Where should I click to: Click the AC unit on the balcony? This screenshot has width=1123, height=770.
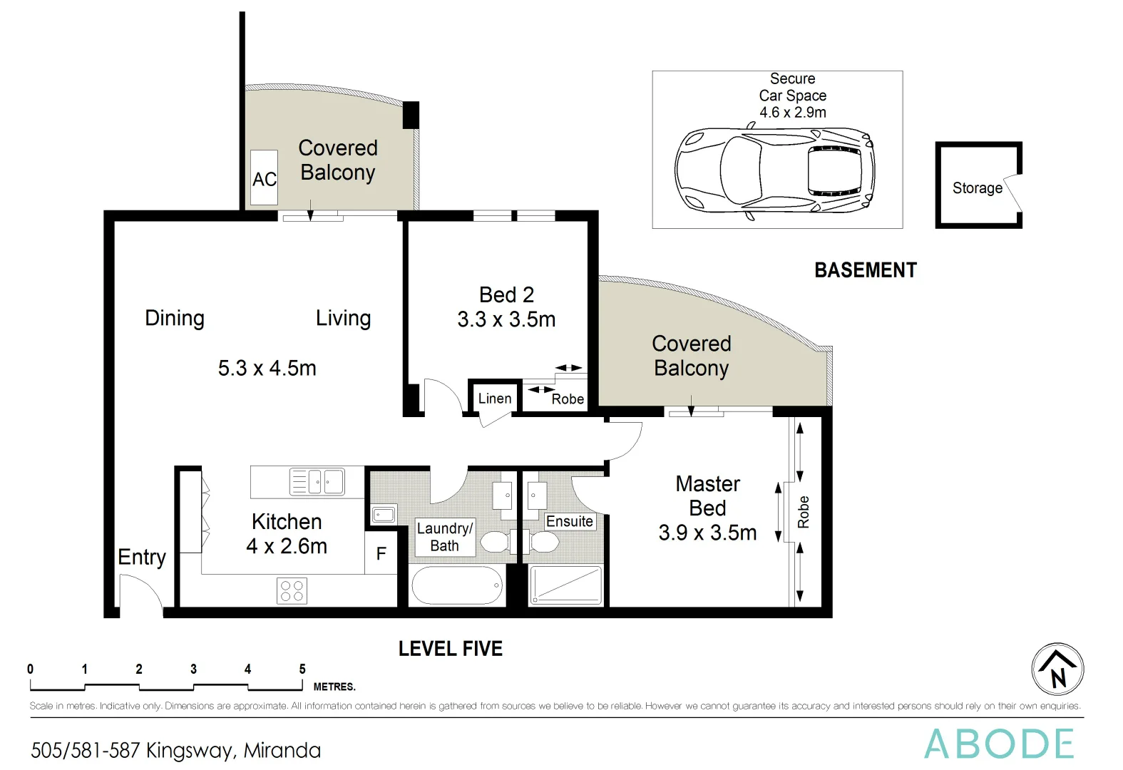pyautogui.click(x=264, y=178)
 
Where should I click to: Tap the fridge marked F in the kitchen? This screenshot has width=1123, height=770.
pyautogui.click(x=381, y=553)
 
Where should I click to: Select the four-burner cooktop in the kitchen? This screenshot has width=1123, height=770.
pyautogui.click(x=292, y=591)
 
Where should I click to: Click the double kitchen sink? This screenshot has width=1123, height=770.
pyautogui.click(x=317, y=482)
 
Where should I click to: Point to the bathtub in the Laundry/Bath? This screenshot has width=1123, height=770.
pyautogui.click(x=457, y=585)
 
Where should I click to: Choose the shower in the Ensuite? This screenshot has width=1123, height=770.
pyautogui.click(x=566, y=585)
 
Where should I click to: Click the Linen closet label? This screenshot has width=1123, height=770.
pyautogui.click(x=495, y=399)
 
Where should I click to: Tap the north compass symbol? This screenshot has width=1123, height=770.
pyautogui.click(x=1058, y=669)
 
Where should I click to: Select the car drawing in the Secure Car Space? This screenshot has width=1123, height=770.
pyautogui.click(x=774, y=170)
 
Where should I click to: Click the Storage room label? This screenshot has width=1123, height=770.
pyautogui.click(x=977, y=188)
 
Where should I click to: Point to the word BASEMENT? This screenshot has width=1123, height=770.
pyautogui.click(x=866, y=270)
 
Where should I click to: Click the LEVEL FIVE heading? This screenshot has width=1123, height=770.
pyautogui.click(x=450, y=649)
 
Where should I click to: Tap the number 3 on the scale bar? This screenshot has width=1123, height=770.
pyautogui.click(x=193, y=669)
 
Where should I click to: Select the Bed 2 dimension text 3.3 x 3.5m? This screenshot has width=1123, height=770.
pyautogui.click(x=506, y=319)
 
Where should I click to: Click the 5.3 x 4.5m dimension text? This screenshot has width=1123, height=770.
pyautogui.click(x=267, y=368)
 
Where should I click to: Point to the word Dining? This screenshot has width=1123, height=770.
pyautogui.click(x=175, y=318)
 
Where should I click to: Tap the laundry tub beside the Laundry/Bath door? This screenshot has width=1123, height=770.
pyautogui.click(x=384, y=514)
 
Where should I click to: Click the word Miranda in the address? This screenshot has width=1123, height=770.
pyautogui.click(x=282, y=751)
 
